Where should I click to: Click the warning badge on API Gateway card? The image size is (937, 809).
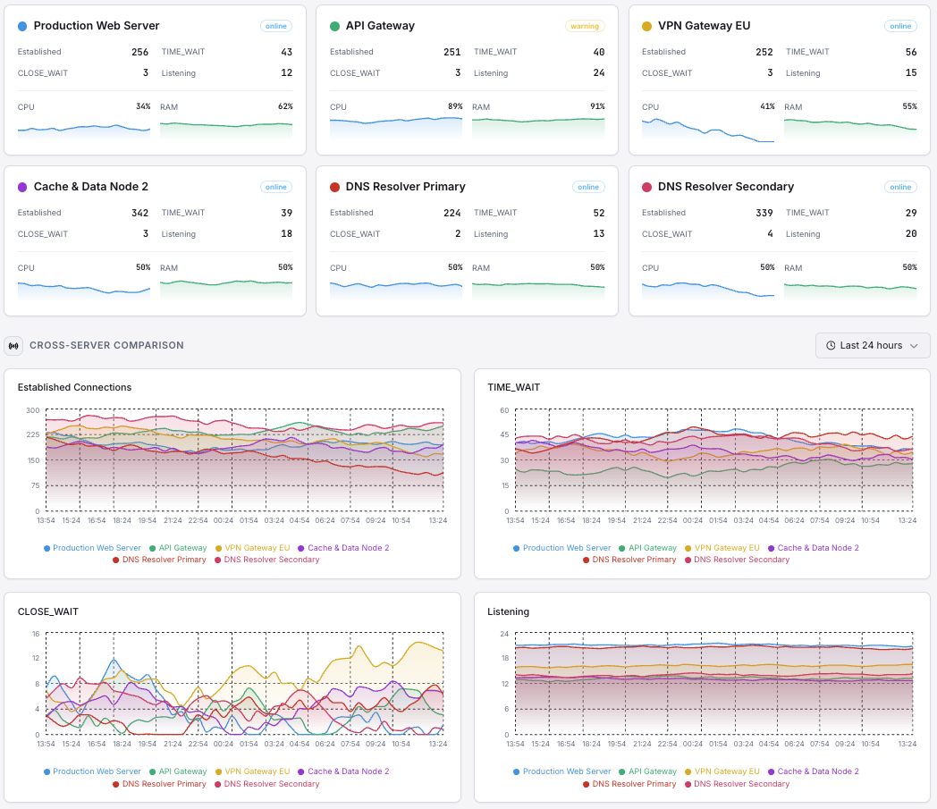[585, 26]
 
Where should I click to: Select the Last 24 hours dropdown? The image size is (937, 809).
[872, 346]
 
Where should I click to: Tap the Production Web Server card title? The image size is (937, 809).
[97, 26]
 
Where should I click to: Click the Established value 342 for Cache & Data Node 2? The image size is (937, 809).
[139, 213]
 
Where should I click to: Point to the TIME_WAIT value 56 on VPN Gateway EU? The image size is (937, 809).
[910, 52]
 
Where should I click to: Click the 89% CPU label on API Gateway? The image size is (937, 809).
[455, 106]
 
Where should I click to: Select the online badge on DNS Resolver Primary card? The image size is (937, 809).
[588, 187]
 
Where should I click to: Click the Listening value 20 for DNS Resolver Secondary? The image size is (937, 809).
[910, 234]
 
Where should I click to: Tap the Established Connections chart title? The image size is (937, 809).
[74, 387]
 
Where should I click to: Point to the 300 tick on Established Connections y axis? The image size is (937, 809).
[33, 410]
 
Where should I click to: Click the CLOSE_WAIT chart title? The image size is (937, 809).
[48, 611]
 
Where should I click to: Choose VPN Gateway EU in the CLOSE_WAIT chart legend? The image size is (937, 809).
[257, 771]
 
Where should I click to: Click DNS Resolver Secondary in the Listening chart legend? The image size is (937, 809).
[741, 784]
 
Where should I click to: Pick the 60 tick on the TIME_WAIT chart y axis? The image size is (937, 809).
[504, 410]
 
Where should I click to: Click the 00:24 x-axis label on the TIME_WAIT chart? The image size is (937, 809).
[692, 519]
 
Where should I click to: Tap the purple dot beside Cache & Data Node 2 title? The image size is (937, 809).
[22, 187]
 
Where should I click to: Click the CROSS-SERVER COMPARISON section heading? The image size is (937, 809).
[106, 345]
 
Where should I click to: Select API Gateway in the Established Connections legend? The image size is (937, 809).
[182, 548]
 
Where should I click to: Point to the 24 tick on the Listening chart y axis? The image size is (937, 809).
[504, 634]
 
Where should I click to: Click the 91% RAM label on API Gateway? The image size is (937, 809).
[597, 106]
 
